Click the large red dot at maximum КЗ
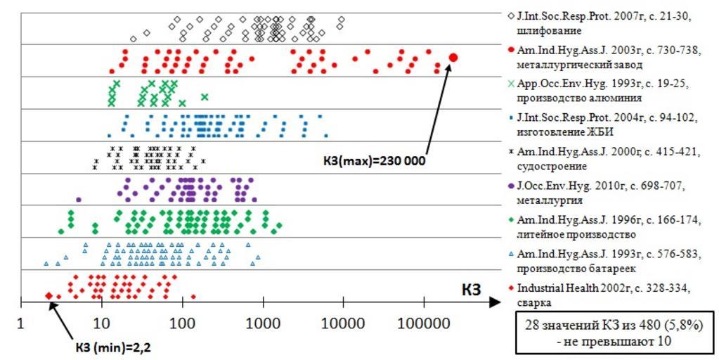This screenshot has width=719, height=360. point(453,57)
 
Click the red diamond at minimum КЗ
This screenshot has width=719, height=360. point(48,296)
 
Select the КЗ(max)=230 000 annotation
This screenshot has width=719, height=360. point(374,160)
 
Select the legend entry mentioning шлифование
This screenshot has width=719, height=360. point(604,23)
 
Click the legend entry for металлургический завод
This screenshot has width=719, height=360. point(604,57)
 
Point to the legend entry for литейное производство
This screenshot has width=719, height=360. point(604,226)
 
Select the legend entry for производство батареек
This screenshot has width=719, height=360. point(604,260)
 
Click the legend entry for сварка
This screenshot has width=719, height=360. point(604,295)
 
